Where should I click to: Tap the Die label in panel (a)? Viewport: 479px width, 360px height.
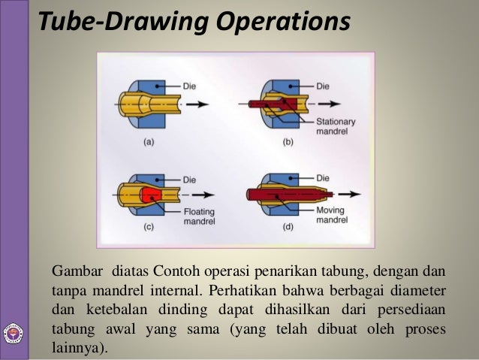tap(192, 85)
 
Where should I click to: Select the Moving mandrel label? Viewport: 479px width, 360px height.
tap(330, 218)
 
